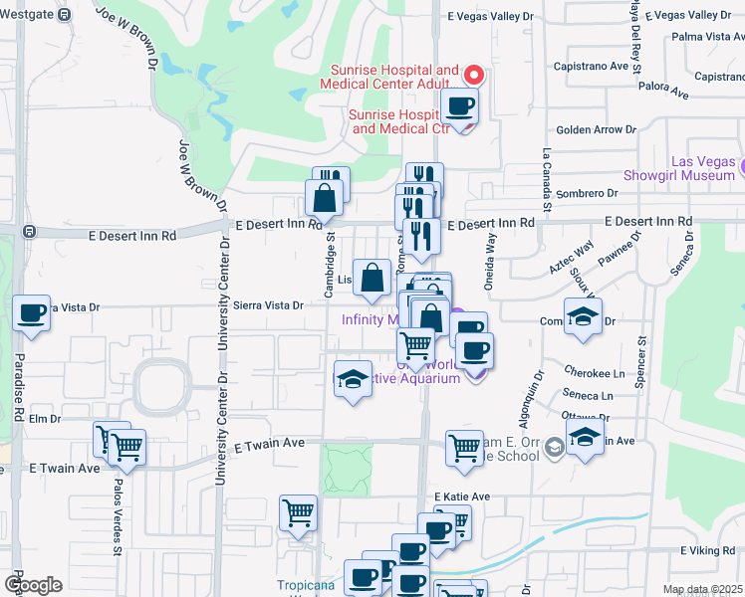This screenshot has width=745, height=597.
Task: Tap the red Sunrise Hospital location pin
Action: coord(475,74)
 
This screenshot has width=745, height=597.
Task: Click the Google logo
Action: coord(33,584)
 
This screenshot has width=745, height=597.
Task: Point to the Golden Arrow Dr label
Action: coord(596,129)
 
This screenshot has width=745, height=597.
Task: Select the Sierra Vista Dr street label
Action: coord(268,305)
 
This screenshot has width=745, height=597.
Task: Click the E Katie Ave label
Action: coord(462,497)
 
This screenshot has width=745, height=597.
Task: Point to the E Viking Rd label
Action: coord(707,549)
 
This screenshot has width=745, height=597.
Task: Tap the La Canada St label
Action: coord(547,171)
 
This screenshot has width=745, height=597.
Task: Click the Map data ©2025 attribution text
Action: coord(703,589)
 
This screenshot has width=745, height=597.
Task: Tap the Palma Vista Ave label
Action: coord(708,37)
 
